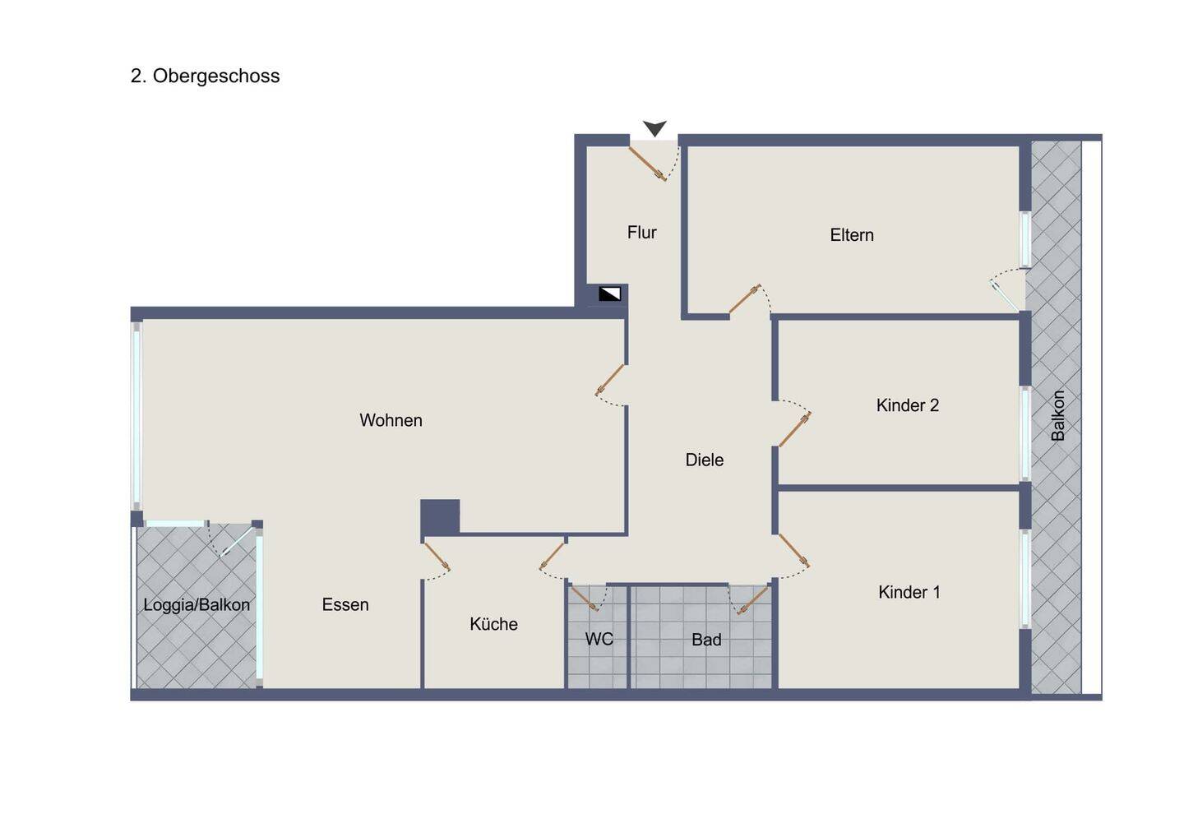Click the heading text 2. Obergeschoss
pos(205,76)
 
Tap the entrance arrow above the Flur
pos(654,128)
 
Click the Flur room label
pos(641,232)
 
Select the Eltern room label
pos(852,234)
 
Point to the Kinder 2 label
pos(908,405)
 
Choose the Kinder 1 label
pos(909,592)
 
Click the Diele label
pos(704,460)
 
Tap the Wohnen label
pos(391,420)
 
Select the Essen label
pos(345,604)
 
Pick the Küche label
pos(493,624)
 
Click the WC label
pos(599,640)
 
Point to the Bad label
pos(706,640)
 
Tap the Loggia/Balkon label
pos(197,604)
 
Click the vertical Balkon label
pos(1057,415)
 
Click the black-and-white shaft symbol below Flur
pos(609,294)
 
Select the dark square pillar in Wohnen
pos(440,517)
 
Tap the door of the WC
pos(585,598)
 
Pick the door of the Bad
pos(753,600)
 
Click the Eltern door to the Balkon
pos(1004,296)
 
